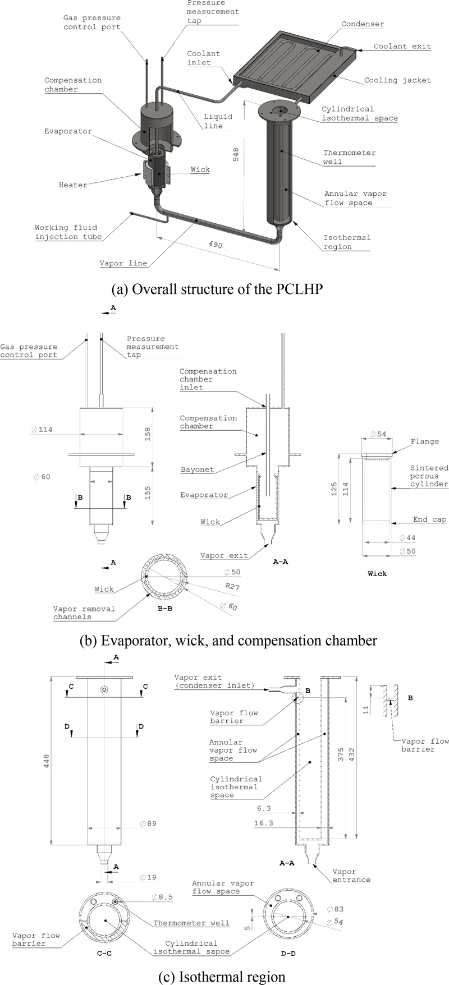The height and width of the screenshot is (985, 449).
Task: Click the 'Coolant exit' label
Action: pyautogui.click(x=402, y=46)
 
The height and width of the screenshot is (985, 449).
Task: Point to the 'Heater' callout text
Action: pyautogui.click(x=73, y=185)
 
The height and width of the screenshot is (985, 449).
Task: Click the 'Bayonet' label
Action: pyautogui.click(x=197, y=469)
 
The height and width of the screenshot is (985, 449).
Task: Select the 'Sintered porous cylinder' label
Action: pyautogui.click(x=429, y=476)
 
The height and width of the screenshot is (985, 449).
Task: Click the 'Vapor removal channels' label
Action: pyautogui.click(x=84, y=613)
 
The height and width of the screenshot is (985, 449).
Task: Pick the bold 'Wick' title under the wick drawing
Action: pyautogui.click(x=377, y=573)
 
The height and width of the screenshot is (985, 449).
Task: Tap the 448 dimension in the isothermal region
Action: pyautogui.click(x=47, y=761)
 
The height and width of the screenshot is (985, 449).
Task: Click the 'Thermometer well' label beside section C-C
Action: pyautogui.click(x=191, y=923)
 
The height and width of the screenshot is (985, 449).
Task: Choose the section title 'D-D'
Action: pyautogui.click(x=287, y=952)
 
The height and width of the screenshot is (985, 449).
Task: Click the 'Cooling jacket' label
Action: pyautogui.click(x=397, y=80)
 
